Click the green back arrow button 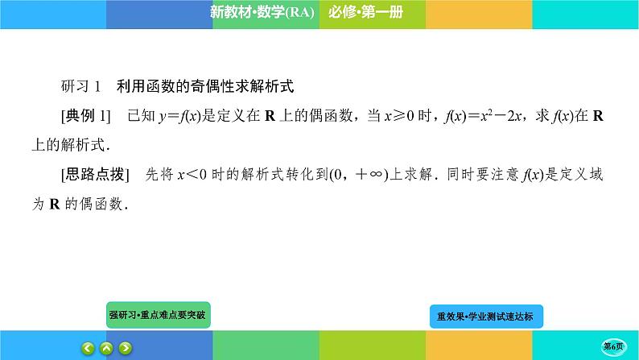click(87, 348)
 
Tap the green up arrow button click(106, 348)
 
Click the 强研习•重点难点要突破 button click(158, 315)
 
